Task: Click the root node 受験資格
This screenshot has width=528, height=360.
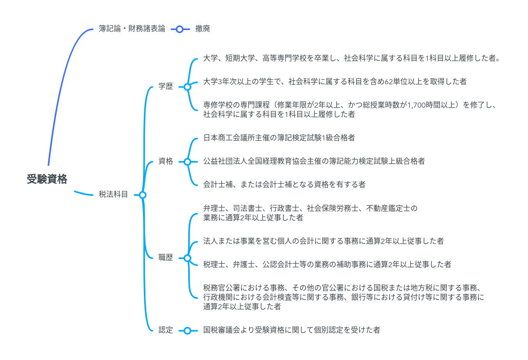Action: coord(47,179)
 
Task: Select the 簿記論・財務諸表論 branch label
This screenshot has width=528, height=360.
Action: coord(132,28)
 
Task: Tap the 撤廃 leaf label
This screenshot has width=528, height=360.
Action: coord(203,28)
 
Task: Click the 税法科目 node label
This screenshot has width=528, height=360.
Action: coord(113,194)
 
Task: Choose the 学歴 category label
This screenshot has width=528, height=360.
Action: coord(166,86)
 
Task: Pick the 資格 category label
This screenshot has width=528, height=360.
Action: coord(166,161)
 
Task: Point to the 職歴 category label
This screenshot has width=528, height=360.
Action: coord(166,257)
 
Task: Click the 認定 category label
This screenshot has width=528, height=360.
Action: coord(166,330)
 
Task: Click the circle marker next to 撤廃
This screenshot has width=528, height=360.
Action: coord(180,29)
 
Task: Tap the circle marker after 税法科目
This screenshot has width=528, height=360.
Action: coord(143,195)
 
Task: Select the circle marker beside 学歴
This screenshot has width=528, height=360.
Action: coord(187,87)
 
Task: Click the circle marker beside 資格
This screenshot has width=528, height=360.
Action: coord(187,161)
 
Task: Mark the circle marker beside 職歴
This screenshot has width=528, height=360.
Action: coord(187,258)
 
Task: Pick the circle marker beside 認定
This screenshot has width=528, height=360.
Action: coord(187,330)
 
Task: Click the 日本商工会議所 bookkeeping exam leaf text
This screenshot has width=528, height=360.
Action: coord(279,138)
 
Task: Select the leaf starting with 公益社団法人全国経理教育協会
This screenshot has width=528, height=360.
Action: coord(314,161)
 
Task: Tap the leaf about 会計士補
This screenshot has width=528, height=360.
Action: coord(284,184)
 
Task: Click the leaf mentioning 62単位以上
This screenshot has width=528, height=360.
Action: coord(335,82)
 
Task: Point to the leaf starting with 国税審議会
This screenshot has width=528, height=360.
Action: coord(291,330)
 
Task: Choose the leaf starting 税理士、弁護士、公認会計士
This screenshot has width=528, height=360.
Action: coord(327,264)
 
